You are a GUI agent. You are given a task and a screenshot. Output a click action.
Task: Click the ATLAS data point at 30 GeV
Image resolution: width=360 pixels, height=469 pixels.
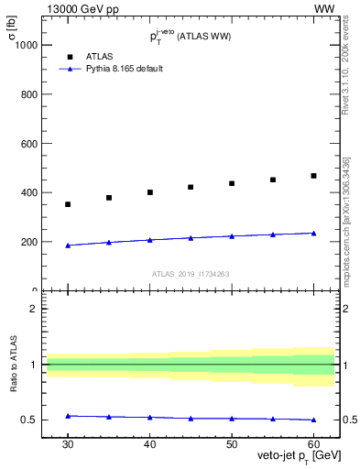tap(68, 204)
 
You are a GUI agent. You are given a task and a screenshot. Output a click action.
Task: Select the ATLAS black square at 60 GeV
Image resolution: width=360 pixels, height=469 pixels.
tap(314, 176)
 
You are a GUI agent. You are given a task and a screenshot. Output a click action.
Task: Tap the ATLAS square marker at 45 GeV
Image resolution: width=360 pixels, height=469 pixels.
tap(191, 187)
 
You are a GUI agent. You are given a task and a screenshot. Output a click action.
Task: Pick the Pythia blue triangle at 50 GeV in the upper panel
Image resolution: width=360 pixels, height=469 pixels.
tap(232, 235)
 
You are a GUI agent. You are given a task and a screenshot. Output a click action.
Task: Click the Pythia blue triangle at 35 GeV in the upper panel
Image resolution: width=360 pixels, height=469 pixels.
tap(109, 242)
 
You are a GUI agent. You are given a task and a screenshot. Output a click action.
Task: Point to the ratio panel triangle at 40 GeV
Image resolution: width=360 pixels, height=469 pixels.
tap(150, 417)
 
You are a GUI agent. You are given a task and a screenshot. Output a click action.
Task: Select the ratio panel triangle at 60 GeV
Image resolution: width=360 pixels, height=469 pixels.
tap(314, 420)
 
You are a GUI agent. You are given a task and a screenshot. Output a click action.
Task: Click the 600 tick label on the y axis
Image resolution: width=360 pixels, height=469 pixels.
tap(27, 144)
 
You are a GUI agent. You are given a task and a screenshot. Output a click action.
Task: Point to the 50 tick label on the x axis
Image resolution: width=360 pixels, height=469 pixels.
tap(232, 443)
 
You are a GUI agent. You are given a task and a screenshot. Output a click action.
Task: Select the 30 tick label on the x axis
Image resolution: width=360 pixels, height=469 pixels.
tap(68, 443)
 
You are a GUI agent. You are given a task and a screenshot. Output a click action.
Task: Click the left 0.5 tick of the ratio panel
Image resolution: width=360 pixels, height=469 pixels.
tap(30, 420)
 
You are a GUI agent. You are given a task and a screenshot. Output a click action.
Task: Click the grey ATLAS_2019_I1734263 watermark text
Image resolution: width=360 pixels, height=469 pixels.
tap(191, 273)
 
